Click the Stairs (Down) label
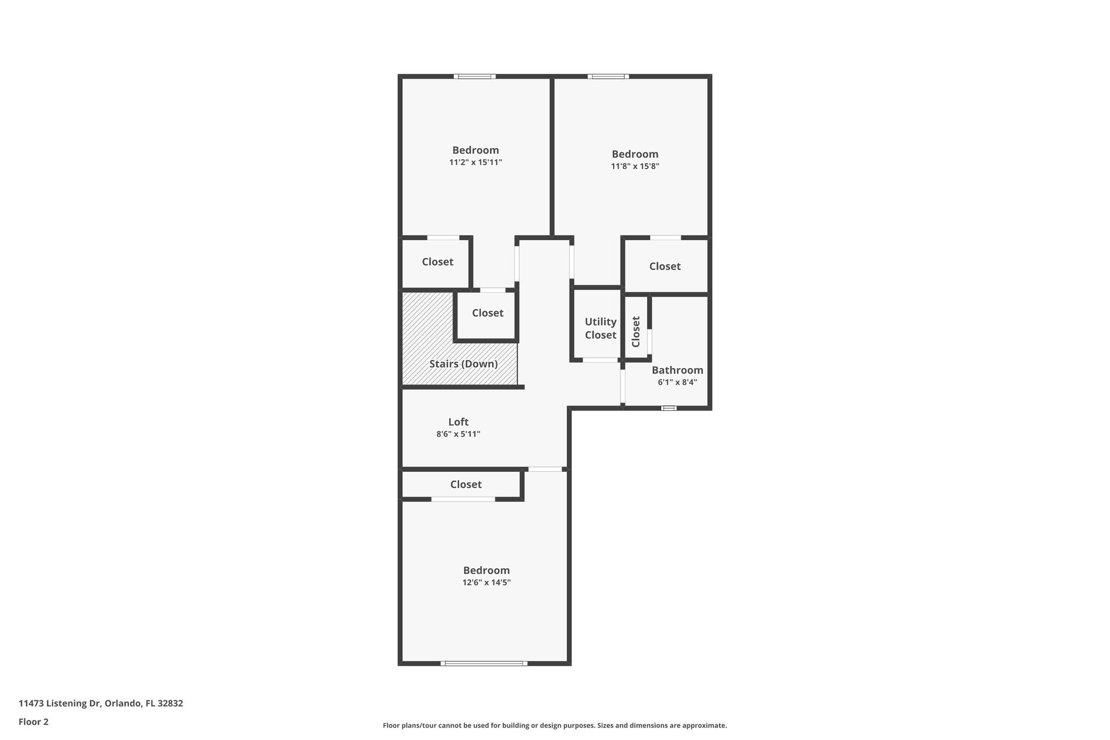click(463, 364)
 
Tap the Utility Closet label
click(600, 329)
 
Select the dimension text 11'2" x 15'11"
click(475, 162)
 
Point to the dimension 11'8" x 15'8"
click(635, 166)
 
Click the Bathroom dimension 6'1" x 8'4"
click(677, 382)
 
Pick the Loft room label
click(458, 422)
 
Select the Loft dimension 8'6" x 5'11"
click(458, 434)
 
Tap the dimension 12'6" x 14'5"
click(486, 583)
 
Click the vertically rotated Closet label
click(636, 331)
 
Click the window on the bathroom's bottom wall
click(669, 408)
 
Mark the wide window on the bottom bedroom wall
click(484, 663)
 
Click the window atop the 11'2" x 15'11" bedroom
click(474, 76)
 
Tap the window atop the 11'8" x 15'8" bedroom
click(608, 76)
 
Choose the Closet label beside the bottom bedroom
click(466, 484)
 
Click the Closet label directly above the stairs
click(487, 313)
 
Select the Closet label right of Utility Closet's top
click(664, 266)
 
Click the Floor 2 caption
click(34, 722)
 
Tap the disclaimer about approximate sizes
click(554, 725)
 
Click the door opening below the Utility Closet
click(600, 360)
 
